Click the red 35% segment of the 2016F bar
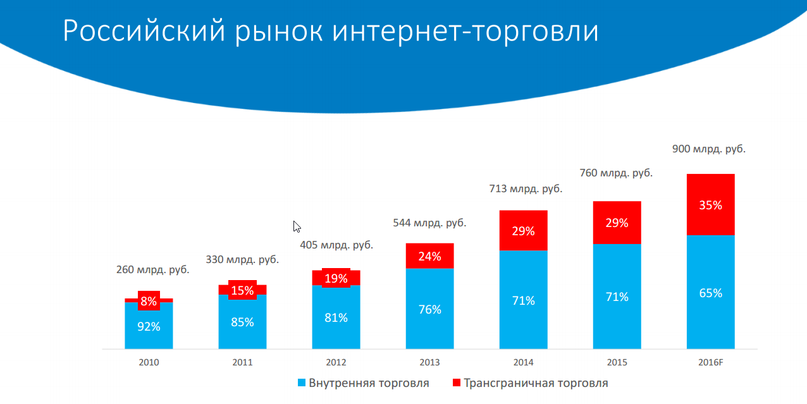click(710, 205)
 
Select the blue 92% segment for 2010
click(149, 327)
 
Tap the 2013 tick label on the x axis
click(429, 363)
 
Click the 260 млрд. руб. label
click(152, 269)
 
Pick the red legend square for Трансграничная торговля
click(457, 383)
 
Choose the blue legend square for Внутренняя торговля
click(302, 383)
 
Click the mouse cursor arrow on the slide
click(296, 226)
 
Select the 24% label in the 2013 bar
click(429, 257)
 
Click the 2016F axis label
click(710, 363)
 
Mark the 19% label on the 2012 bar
click(336, 278)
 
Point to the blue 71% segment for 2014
click(523, 300)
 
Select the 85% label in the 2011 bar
click(242, 322)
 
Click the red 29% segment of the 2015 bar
click(617, 223)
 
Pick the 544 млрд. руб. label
click(429, 223)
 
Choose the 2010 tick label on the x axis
click(149, 363)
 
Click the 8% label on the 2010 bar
click(149, 302)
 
